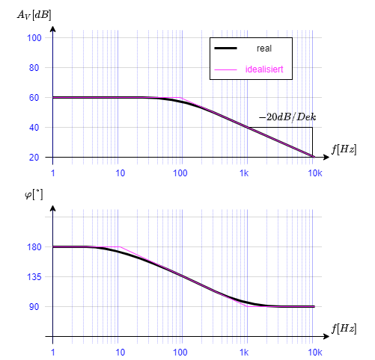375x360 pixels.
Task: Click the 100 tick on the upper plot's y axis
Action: pyautogui.click(x=34, y=38)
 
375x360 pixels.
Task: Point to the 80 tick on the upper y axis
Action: pyautogui.click(x=34, y=68)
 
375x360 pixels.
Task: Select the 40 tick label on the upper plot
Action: pyautogui.click(x=34, y=128)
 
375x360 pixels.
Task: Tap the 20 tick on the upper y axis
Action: pyautogui.click(x=34, y=158)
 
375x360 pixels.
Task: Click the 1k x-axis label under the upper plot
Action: pyautogui.click(x=245, y=173)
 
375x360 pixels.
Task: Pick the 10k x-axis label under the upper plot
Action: pyautogui.click(x=315, y=173)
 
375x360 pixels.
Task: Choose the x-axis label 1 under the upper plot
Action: pyautogui.click(x=53, y=173)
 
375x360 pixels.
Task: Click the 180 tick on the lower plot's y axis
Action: pyautogui.click(x=34, y=247)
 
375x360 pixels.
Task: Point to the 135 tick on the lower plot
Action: pyautogui.click(x=34, y=277)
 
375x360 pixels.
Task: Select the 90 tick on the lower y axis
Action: pyautogui.click(x=34, y=307)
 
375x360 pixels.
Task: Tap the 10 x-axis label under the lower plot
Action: pyautogui.click(x=120, y=351)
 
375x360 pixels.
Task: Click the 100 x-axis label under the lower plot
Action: pyautogui.click(x=180, y=351)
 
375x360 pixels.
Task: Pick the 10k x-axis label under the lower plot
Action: pyautogui.click(x=315, y=351)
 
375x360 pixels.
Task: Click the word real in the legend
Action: pyautogui.click(x=263, y=49)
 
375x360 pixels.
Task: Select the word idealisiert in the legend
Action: pyautogui.click(x=263, y=69)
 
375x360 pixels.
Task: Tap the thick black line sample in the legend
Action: pyautogui.click(x=225, y=49)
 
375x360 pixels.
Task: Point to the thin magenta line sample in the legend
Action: pyautogui.click(x=225, y=69)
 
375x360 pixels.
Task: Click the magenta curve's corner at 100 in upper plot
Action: pyautogui.click(x=180, y=98)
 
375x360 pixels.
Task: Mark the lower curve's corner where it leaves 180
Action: pyautogui.click(x=120, y=246)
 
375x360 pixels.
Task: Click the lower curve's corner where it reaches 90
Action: pyautogui.click(x=247, y=306)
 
